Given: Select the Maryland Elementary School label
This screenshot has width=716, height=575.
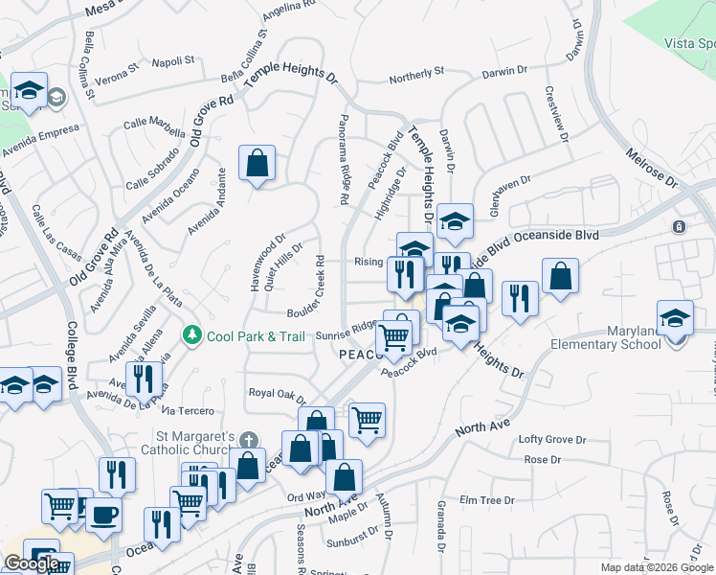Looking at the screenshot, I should click(634, 338).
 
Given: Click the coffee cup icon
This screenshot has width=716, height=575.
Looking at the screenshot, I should click(103, 514).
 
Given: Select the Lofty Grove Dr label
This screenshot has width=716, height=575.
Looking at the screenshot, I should click(551, 440).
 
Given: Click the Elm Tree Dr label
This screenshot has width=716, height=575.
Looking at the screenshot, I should click(487, 500).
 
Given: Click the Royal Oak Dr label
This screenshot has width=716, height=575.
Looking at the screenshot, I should click(276, 394).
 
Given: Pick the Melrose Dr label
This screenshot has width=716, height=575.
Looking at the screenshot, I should click(651, 167).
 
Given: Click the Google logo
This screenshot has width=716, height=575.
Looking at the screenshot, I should click(32, 563).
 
